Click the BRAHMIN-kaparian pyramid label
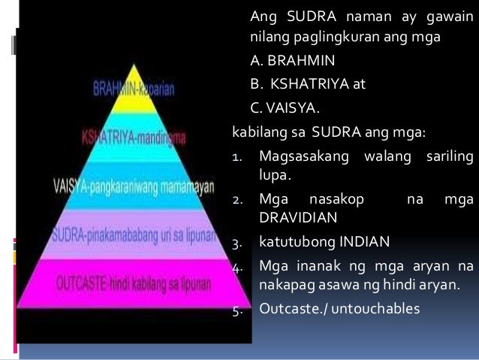133,89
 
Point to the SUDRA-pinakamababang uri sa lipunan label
135,228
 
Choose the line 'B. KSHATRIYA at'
308,85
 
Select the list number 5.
235,308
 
